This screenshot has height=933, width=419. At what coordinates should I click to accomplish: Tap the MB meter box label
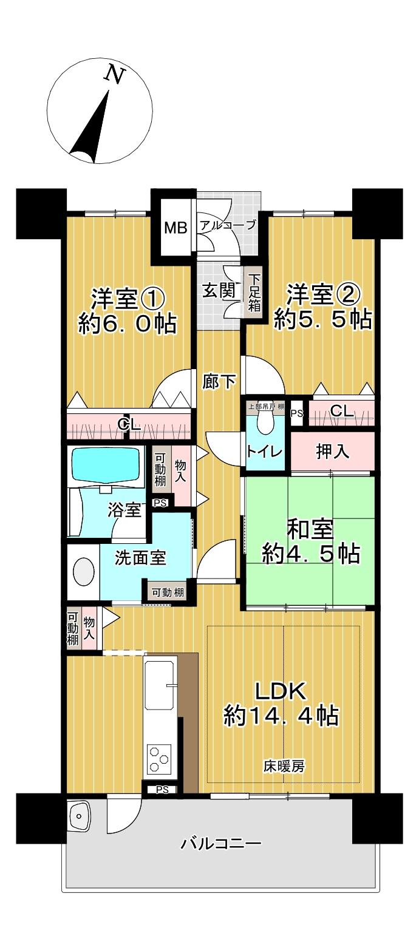pyautogui.click(x=177, y=228)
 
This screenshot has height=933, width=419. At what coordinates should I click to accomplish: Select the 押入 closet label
pyautogui.click(x=332, y=452)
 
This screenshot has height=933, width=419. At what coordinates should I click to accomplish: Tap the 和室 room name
pyautogui.click(x=310, y=529)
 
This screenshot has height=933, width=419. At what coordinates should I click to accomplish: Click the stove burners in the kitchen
pyautogui.click(x=160, y=759)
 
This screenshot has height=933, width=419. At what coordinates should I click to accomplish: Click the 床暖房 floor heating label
pyautogui.click(x=284, y=766)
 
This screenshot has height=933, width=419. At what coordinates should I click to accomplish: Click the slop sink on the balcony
pyautogui.click(x=80, y=817)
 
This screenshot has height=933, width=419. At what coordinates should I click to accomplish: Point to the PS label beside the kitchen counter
pyautogui.click(x=162, y=790)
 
